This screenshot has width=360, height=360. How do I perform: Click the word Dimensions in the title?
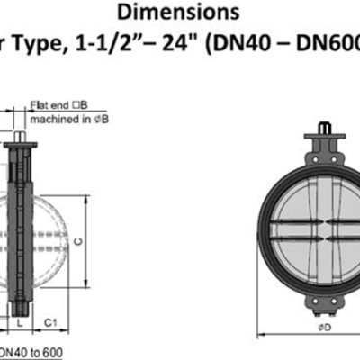click(x=185, y=13)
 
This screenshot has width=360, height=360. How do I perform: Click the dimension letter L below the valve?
click(x=20, y=319)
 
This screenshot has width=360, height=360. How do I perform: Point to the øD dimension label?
click(x=322, y=327)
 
